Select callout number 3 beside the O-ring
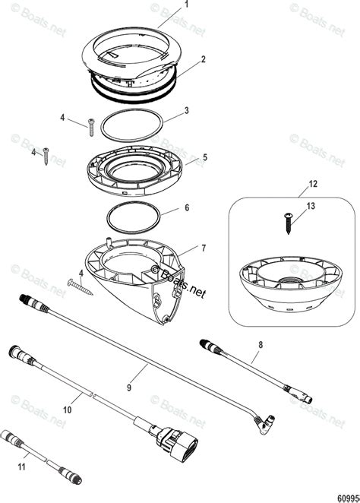tap(187, 110)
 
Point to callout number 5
tap(203, 158)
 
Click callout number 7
tap(203, 248)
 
